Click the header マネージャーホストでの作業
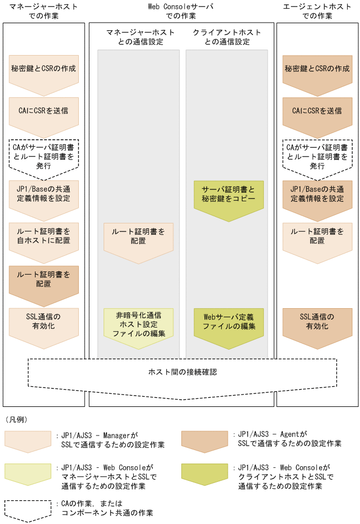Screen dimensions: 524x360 (x=44, y=11)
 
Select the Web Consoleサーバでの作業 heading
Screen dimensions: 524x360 (x=180, y=11)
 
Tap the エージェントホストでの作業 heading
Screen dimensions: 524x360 (x=316, y=11)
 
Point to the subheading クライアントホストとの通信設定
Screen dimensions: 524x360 (x=227, y=37)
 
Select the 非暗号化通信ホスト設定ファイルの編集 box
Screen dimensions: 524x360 (x=139, y=323)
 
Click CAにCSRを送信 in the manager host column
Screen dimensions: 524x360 (x=44, y=111)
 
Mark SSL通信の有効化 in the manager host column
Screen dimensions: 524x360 (x=44, y=322)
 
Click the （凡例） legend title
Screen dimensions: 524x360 (x=16, y=419)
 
